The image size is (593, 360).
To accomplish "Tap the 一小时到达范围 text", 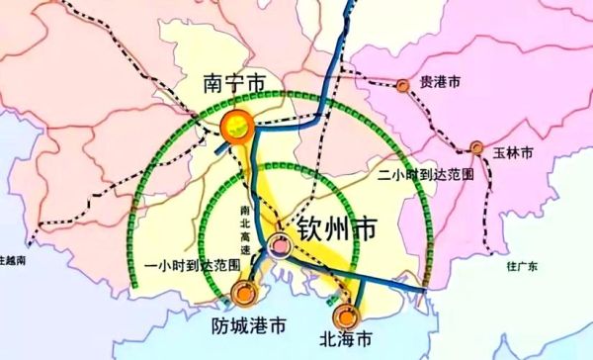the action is (x=192, y=266).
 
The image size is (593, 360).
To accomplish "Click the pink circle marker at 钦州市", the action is (x=280, y=245).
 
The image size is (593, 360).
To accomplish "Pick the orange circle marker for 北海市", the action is (x=345, y=316).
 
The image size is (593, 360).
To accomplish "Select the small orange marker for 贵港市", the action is (x=403, y=85).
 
